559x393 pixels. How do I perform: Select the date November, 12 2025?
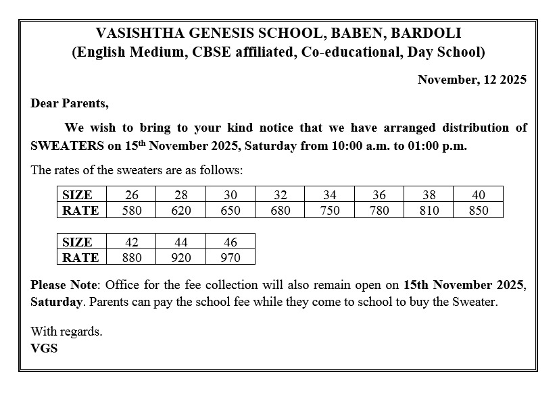click(471, 79)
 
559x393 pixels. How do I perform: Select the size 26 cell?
click(132, 194)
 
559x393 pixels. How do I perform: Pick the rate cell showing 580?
click(132, 210)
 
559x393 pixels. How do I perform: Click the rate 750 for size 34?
click(330, 210)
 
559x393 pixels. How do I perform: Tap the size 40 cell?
click(478, 194)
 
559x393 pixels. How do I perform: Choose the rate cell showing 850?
click(478, 210)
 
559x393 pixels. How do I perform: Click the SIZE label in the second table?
click(77, 242)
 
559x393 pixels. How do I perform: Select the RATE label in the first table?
click(80, 210)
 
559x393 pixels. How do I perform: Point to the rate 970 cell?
click(230, 257)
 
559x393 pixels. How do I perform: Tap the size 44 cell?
click(181, 242)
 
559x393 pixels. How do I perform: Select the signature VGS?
click(44, 348)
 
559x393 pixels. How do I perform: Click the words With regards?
click(66, 332)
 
